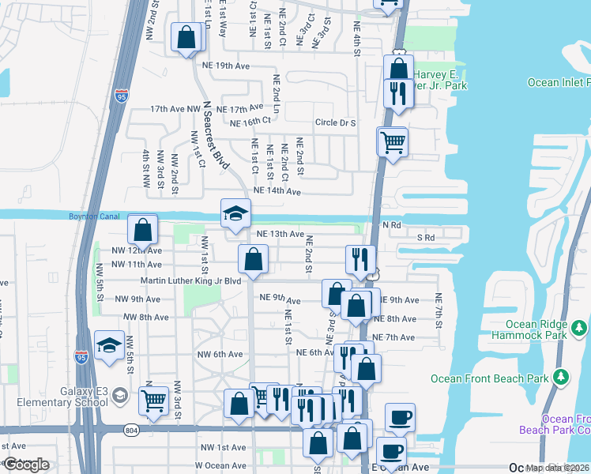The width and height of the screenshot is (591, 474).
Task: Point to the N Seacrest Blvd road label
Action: [215, 135]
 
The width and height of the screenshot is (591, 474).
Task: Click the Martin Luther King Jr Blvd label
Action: [190, 280]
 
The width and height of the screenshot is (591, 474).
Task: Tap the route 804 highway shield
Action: [131, 429]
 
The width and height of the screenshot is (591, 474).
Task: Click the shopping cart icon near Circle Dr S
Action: [392, 143]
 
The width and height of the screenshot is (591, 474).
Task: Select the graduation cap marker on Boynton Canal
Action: [235, 213]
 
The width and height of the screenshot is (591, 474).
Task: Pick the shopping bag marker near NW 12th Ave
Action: [142, 230]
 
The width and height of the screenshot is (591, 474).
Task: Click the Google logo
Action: [26, 465]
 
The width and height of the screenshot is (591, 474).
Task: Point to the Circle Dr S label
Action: [336, 123]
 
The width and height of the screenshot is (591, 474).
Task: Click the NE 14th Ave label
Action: [277, 191]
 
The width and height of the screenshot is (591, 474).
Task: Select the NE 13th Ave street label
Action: [280, 234]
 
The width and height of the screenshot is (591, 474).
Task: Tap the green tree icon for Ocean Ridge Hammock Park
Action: [580, 326]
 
